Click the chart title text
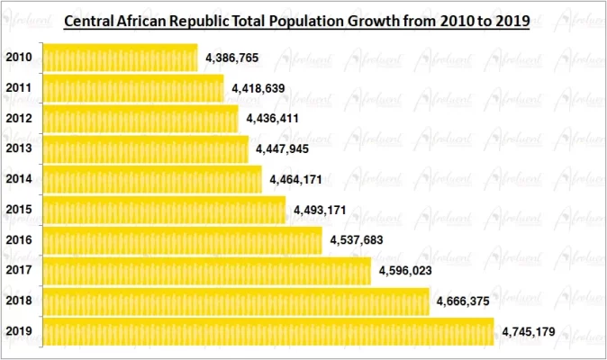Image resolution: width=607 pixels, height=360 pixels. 296,19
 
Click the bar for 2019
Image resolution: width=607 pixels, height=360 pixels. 269,332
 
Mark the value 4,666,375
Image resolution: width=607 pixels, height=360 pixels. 463,301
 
